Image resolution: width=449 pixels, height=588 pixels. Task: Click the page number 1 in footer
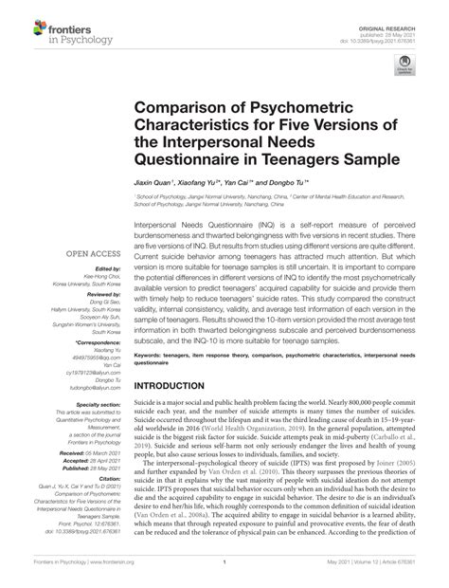[x=224, y=575]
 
